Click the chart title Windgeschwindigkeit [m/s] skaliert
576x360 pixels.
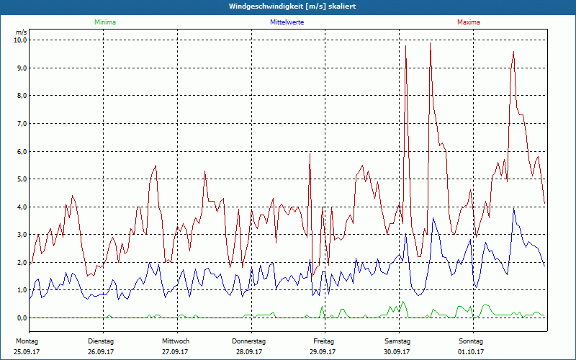(287, 6)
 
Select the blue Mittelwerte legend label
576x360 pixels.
(287, 22)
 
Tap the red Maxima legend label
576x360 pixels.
(468, 22)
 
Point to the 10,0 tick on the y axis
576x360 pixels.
(19, 40)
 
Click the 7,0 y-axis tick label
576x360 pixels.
(19, 124)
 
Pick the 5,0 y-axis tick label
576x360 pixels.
(19, 179)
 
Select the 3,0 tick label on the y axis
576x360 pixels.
(19, 235)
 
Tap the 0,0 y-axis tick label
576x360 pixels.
(19, 318)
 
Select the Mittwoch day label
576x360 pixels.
(176, 341)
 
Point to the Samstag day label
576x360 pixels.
(397, 341)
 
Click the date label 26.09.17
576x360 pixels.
(102, 352)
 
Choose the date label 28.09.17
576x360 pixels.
(248, 352)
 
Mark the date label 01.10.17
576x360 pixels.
(471, 352)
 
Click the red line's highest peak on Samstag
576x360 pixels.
(430, 43)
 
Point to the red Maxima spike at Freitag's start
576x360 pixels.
(310, 153)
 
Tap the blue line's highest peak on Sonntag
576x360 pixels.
(513, 209)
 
